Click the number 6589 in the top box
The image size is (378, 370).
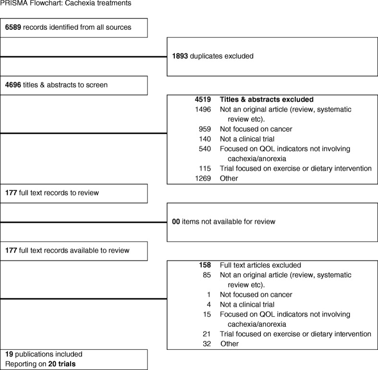(13, 27)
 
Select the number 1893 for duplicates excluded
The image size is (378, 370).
(180, 56)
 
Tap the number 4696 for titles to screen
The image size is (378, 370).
(13, 85)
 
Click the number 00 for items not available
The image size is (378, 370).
(176, 222)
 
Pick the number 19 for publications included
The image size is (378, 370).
(9, 355)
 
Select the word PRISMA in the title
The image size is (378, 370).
(12, 4)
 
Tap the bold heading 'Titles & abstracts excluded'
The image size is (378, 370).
(266, 99)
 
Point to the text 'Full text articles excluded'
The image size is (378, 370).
(260, 265)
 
